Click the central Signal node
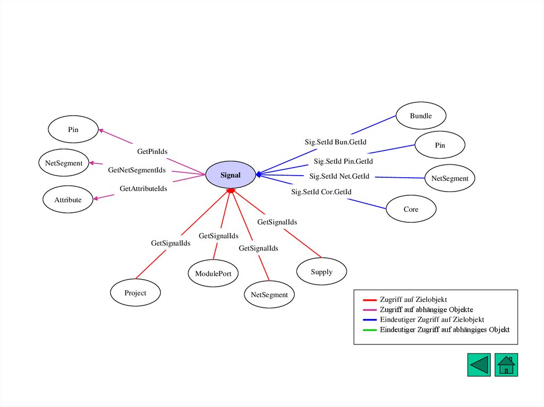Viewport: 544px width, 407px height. (231, 175)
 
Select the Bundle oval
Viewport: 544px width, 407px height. (421, 116)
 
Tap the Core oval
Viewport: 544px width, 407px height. (411, 209)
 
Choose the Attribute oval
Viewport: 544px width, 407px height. (68, 200)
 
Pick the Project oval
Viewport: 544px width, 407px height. (135, 293)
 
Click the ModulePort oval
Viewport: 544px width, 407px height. (213, 274)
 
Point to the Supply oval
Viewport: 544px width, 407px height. (321, 272)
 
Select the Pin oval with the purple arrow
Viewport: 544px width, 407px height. (73, 129)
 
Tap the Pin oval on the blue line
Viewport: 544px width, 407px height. (440, 145)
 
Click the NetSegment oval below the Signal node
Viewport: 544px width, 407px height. (269, 295)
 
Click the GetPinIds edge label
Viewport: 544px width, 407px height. (152, 152)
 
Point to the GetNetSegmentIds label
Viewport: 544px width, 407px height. (137, 170)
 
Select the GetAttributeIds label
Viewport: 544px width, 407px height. (143, 188)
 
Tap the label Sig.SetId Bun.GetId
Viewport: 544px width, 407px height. (335, 142)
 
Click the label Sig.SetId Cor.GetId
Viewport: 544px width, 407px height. (321, 192)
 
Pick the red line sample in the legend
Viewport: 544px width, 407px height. (369, 300)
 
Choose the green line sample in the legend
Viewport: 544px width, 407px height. (369, 330)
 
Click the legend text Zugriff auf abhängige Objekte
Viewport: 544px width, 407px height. (426, 309)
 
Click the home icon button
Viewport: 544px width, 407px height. (506, 365)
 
